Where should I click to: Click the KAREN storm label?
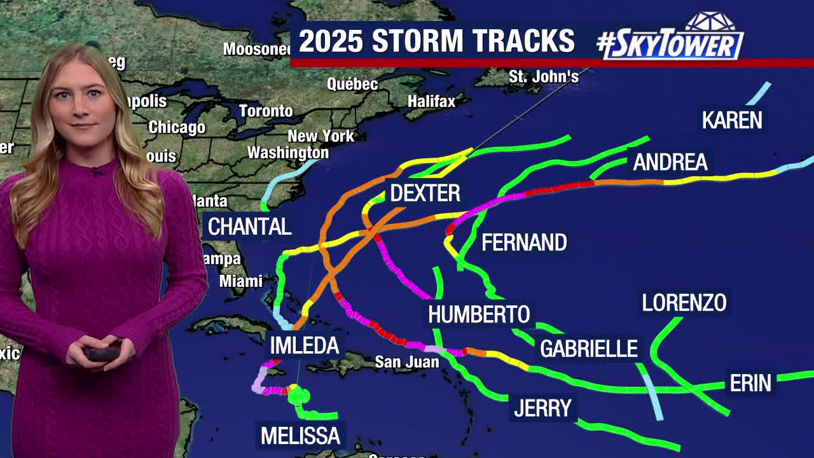point(732,120)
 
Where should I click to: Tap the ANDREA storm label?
point(670,163)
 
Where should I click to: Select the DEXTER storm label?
point(425,193)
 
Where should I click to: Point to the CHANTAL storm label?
point(250,226)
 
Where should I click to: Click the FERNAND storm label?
point(524,242)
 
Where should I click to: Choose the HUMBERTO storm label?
point(479,314)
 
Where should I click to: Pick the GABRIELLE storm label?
point(589,349)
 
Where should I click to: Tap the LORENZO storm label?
point(684,303)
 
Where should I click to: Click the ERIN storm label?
point(750,383)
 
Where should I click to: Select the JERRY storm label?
point(542,408)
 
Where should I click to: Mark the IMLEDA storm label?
point(305,345)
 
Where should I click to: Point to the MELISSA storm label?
point(301,436)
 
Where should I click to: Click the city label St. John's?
point(544,77)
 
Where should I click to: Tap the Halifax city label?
point(432,101)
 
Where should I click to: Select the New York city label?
point(321,136)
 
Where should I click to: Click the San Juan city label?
point(407,363)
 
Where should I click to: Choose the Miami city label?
point(241,281)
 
